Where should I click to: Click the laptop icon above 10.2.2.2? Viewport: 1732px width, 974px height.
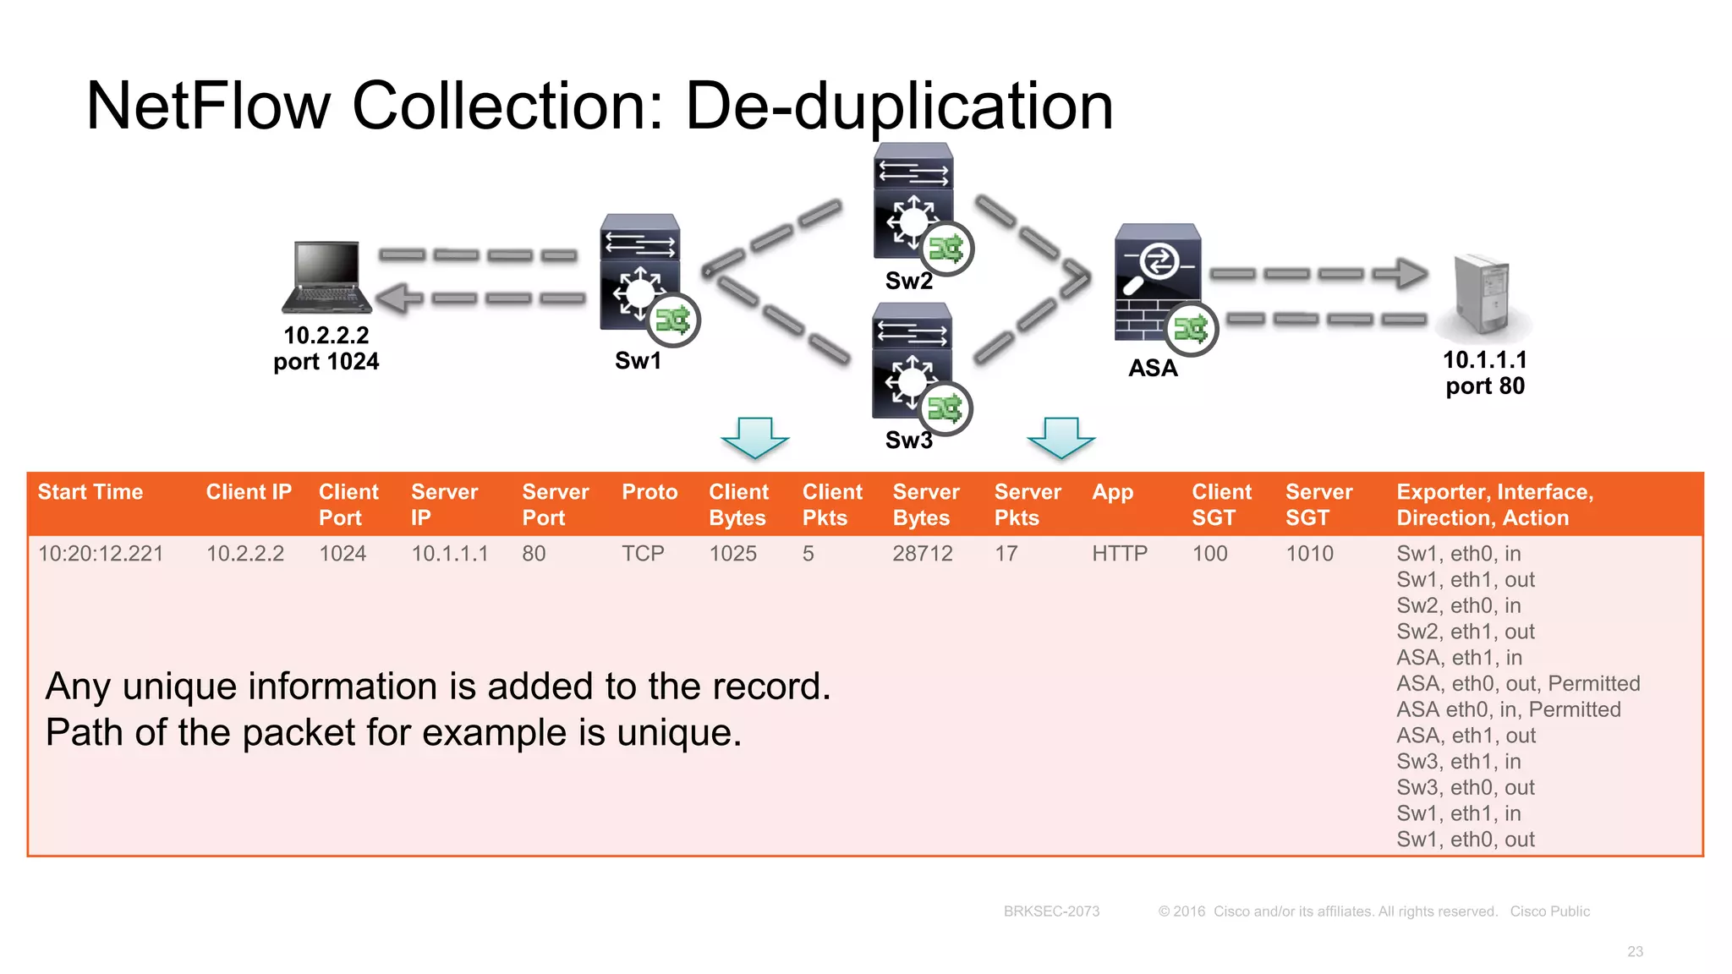pos(326,277)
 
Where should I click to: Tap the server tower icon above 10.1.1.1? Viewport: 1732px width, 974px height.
pos(1482,294)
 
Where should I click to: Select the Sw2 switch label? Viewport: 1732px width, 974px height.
pos(908,281)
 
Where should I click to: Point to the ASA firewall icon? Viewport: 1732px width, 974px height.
pos(1157,282)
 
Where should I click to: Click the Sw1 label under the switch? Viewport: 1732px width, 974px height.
pos(638,361)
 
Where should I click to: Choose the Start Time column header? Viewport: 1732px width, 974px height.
pos(90,492)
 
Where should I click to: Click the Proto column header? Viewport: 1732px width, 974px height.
pos(649,492)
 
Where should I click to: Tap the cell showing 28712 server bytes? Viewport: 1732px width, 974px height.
pos(922,554)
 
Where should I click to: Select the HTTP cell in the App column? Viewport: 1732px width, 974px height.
pos(1119,554)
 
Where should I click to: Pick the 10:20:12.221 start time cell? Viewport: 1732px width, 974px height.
pos(101,554)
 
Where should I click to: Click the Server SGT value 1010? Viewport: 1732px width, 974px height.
pos(1309,554)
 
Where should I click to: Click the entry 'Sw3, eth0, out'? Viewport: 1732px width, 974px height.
pos(1465,787)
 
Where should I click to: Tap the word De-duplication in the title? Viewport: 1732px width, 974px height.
pos(898,107)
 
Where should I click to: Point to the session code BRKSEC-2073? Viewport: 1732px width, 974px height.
pos(1051,911)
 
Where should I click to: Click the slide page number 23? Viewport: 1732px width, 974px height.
pos(1635,952)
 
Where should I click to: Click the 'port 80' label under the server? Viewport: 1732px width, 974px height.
pos(1485,386)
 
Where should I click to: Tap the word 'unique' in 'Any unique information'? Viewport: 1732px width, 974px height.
pos(178,687)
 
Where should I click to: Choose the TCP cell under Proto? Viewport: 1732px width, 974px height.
pos(643,554)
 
